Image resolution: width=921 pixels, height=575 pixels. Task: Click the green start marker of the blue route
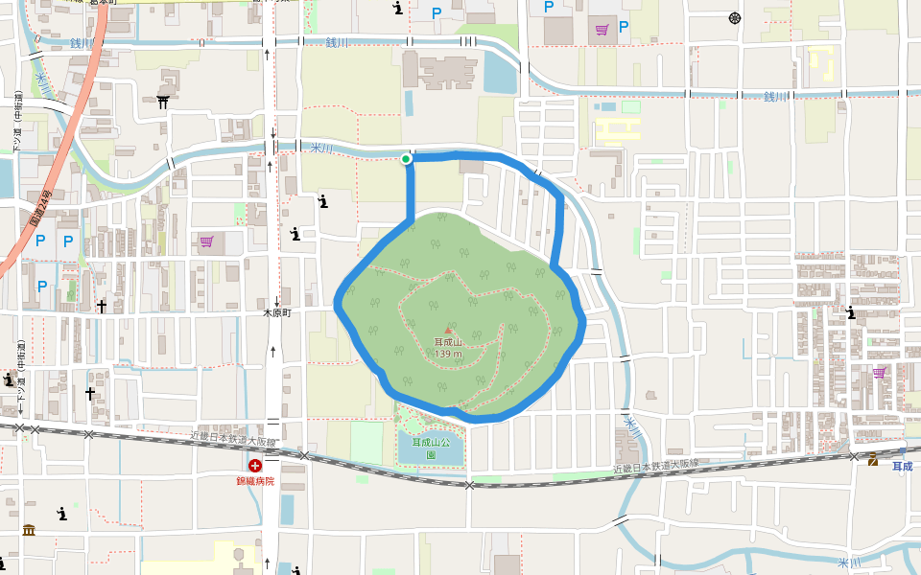[406, 159]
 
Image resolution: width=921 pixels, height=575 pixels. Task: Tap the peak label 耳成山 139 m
[448, 348]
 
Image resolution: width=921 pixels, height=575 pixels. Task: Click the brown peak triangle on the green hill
[447, 331]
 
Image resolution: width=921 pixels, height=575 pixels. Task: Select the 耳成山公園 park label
[431, 448]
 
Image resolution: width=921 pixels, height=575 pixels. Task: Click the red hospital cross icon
[255, 466]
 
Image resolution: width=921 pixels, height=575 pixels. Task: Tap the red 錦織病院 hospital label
[255, 480]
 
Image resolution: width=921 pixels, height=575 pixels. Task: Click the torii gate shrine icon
[164, 102]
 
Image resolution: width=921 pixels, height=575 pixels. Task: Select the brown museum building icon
[29, 530]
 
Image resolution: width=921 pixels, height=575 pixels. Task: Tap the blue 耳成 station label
[902, 467]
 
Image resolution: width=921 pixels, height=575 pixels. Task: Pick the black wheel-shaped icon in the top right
[735, 18]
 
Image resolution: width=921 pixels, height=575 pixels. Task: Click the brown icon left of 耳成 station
[873, 461]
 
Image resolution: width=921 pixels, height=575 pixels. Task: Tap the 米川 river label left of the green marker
[321, 148]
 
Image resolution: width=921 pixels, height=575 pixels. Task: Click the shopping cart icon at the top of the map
[602, 29]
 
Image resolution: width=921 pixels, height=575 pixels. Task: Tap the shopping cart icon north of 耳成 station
[879, 373]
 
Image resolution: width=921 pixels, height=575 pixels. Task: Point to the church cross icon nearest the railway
[90, 393]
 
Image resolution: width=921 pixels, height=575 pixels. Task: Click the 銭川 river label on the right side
[774, 97]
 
